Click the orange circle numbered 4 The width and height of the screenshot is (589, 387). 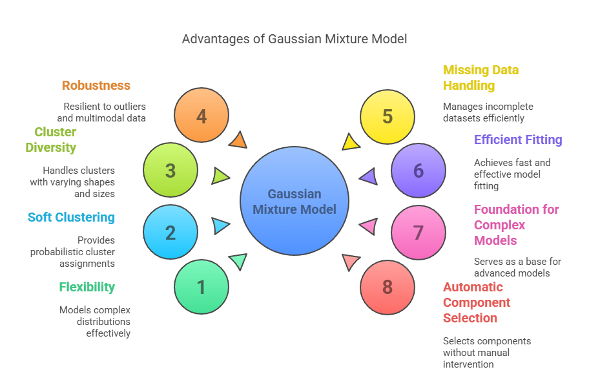point(201,116)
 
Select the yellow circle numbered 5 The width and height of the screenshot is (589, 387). point(387,116)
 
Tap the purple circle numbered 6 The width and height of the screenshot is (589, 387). point(418,171)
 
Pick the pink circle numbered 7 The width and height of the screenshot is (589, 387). point(418,233)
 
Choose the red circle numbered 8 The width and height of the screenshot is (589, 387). point(387,287)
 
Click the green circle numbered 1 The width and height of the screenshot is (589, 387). point(201,287)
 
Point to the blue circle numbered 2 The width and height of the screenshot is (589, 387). point(170,233)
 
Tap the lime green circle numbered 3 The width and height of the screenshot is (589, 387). point(170,171)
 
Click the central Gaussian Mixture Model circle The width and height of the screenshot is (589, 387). point(294,201)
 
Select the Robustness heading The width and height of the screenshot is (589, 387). point(96,85)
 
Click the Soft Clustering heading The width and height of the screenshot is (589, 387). point(71,217)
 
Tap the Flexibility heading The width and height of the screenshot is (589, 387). point(87,287)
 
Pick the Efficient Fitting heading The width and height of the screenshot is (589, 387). point(518,140)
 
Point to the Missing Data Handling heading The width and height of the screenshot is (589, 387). point(480,78)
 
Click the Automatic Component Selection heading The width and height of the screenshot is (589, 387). point(477,302)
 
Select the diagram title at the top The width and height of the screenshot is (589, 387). point(294,39)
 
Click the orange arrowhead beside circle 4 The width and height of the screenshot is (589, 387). point(238,140)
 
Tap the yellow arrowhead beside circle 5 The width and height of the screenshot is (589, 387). point(350,141)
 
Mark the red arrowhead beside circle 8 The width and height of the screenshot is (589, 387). point(350,262)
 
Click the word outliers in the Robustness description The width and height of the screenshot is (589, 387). point(131,106)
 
